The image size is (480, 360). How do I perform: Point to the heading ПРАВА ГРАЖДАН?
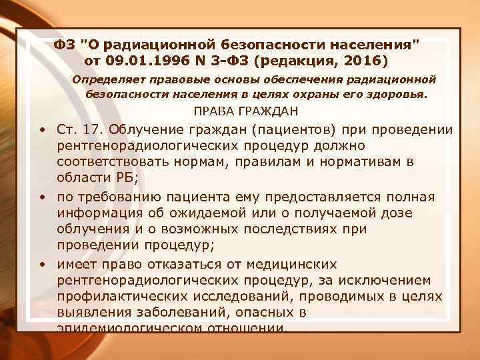245,111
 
